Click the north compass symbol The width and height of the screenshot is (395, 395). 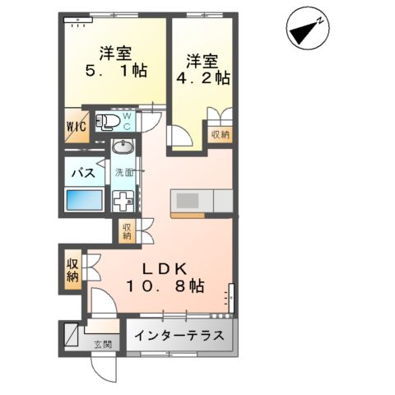point(308,28)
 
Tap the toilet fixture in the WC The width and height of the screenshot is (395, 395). point(108,121)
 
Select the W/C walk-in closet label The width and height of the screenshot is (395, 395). point(77,127)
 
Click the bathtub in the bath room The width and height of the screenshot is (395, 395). point(84,200)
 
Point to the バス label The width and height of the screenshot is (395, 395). point(83,173)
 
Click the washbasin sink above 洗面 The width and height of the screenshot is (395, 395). point(123,146)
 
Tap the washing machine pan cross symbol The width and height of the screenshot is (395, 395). point(123,202)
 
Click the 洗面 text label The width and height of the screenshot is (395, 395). point(125,173)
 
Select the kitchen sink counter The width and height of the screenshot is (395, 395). point(202,201)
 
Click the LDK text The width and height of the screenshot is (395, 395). point(165,269)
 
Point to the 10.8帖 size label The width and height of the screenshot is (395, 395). point(165,286)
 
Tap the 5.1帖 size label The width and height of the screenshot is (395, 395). point(116,71)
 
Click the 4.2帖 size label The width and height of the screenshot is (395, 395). point(203,78)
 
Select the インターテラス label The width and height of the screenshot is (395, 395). point(179,336)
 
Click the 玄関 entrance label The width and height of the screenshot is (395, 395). point(103,345)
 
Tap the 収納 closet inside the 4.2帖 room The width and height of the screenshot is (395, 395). point(220,134)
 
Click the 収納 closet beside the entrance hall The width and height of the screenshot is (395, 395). point(73,270)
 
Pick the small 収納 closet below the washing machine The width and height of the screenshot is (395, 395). point(127,231)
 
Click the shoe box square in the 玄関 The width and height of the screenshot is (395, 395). point(71,335)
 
